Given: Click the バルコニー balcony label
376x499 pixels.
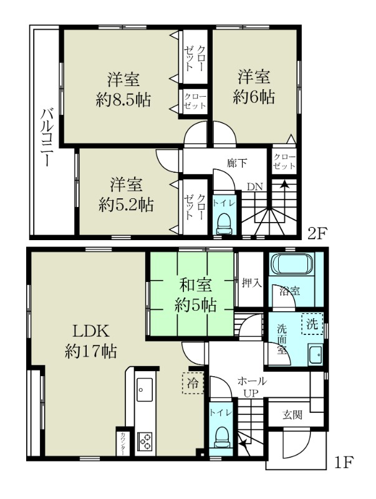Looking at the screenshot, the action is [x=46, y=137].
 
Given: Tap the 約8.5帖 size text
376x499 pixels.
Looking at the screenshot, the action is [x=123, y=100].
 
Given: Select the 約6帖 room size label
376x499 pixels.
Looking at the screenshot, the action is [x=254, y=97].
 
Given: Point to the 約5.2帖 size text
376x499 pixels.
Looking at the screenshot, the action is [x=127, y=205].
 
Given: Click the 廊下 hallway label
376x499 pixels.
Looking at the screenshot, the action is [x=237, y=163].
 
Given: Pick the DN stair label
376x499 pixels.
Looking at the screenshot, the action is [x=255, y=187].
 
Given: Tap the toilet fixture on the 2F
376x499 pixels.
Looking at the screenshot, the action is [x=224, y=224].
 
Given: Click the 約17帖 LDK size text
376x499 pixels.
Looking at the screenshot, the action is [x=90, y=351].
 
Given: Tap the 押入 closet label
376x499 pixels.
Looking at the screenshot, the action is [x=251, y=283].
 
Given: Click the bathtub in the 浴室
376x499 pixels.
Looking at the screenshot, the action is [x=291, y=263].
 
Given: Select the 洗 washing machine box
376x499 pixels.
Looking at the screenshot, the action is [x=312, y=324].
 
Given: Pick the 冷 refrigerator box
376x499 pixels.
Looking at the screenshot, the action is [x=193, y=383].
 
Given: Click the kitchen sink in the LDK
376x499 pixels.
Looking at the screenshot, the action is [x=145, y=390].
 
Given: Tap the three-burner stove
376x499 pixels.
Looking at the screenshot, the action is [x=145, y=441].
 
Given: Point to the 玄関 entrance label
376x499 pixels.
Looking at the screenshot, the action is [x=292, y=415].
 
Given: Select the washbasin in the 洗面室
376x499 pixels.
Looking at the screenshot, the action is [x=316, y=354].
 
